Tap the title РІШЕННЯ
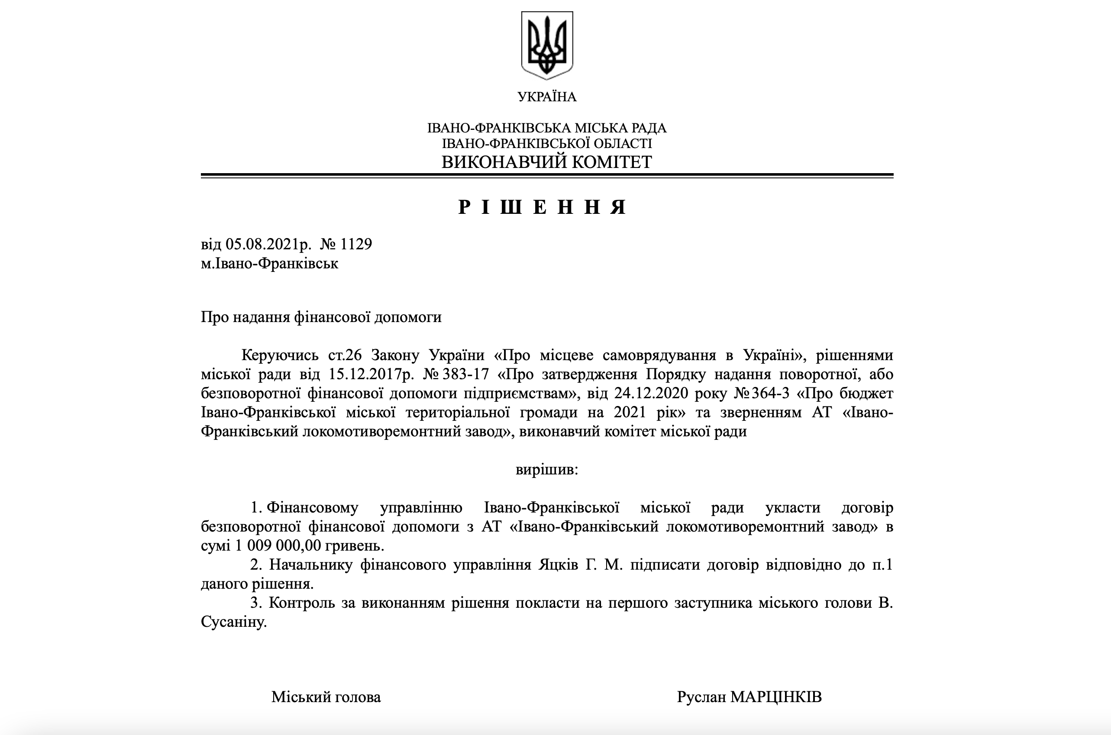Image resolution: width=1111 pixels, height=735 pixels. coord(543,207)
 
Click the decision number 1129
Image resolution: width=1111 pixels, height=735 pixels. coord(356,244)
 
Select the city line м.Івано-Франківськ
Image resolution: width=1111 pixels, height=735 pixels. coord(270,264)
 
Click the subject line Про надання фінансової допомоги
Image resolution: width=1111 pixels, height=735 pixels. coord(321,317)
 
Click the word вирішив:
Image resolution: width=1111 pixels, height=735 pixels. coord(546,469)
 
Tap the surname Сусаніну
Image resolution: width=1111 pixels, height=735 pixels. coord(233,622)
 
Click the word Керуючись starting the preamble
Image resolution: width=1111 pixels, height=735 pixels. coord(280,355)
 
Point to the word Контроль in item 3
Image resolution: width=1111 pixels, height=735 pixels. coord(301,603)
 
